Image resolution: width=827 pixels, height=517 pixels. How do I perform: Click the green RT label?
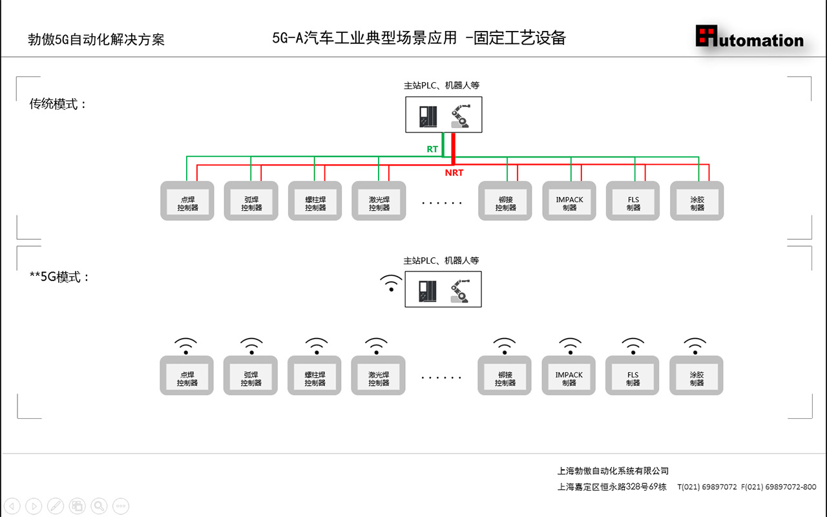click(432, 149)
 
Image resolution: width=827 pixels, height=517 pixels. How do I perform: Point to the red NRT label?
click(454, 173)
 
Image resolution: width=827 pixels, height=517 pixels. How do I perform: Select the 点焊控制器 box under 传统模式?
click(187, 201)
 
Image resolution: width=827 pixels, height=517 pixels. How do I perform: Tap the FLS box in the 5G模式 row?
click(633, 376)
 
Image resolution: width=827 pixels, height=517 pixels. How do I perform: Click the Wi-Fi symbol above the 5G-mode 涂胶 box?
click(695, 346)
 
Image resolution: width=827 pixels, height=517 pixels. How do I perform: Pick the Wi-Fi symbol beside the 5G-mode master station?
click(390, 282)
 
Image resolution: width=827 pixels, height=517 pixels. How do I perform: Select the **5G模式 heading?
click(59, 277)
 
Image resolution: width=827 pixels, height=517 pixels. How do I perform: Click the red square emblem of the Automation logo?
click(707, 36)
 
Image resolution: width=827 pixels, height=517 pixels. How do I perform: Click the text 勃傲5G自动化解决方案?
click(96, 39)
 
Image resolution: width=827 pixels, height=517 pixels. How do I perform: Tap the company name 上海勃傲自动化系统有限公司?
click(613, 471)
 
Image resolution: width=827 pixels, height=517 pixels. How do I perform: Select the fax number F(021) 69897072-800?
click(779, 487)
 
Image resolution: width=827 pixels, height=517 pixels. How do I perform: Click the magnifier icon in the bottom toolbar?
click(99, 506)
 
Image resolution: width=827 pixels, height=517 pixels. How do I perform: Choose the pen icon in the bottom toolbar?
click(56, 506)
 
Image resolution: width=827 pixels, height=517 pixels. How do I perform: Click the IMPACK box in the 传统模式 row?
click(569, 201)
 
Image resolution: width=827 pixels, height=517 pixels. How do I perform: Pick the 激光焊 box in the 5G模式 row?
click(379, 376)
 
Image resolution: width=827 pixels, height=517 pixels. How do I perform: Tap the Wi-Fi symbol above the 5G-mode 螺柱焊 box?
click(316, 346)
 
